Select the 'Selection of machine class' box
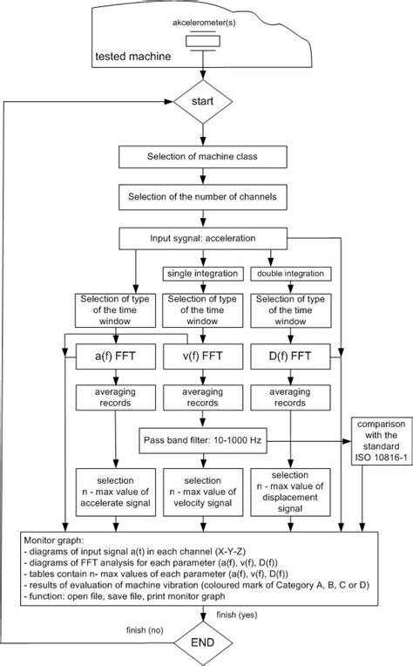[x=203, y=158]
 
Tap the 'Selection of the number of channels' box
[x=203, y=198]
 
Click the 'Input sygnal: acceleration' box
[x=203, y=237]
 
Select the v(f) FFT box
[x=202, y=356]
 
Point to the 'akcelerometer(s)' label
[x=202, y=17]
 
